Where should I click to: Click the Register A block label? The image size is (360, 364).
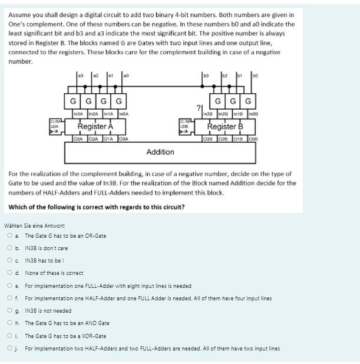click(x=95, y=126)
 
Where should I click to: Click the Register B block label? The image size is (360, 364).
click(x=229, y=126)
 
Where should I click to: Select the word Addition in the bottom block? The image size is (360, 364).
click(x=160, y=152)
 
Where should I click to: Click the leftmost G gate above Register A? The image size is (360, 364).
click(x=72, y=100)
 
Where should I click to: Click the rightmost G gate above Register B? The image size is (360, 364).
click(x=248, y=100)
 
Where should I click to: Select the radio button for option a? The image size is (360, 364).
click(x=10, y=235)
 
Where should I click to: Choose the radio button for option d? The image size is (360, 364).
click(x=10, y=273)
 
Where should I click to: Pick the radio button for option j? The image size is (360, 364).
click(x=10, y=348)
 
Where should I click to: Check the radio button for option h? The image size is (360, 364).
click(x=10, y=323)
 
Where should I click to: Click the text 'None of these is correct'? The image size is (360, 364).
click(x=54, y=273)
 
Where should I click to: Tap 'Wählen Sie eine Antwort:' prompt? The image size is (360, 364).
click(x=35, y=225)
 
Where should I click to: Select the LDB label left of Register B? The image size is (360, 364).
click(x=183, y=126)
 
